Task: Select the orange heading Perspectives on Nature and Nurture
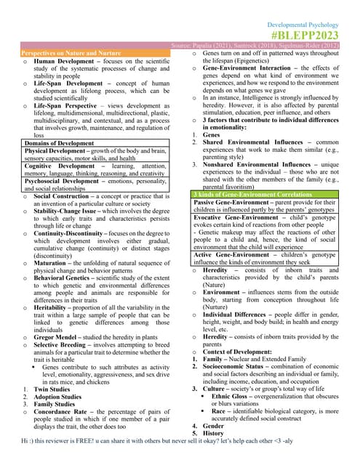click(x=71, y=54)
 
